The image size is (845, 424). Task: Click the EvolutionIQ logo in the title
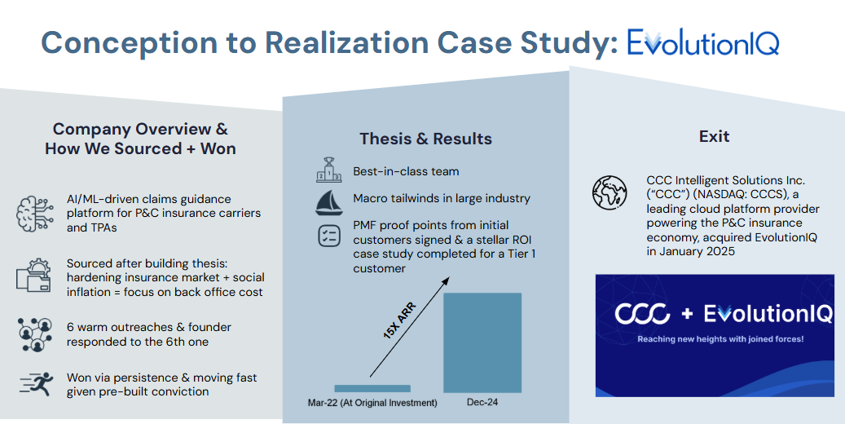[702, 42]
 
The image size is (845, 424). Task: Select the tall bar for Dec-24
[482, 342]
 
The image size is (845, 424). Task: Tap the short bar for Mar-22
[372, 388]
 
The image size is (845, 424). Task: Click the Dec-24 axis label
[482, 403]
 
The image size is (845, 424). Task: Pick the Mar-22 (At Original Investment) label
[372, 403]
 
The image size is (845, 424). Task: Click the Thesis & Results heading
[425, 139]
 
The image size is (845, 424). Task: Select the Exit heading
[714, 136]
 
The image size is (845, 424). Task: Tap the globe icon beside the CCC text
[609, 193]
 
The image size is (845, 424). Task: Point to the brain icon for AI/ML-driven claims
[33, 213]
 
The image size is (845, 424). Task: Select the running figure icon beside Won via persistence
[33, 383]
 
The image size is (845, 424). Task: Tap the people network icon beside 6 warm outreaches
[33, 333]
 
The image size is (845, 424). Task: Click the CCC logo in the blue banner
[643, 314]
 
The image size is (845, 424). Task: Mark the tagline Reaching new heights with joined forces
[720, 338]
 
